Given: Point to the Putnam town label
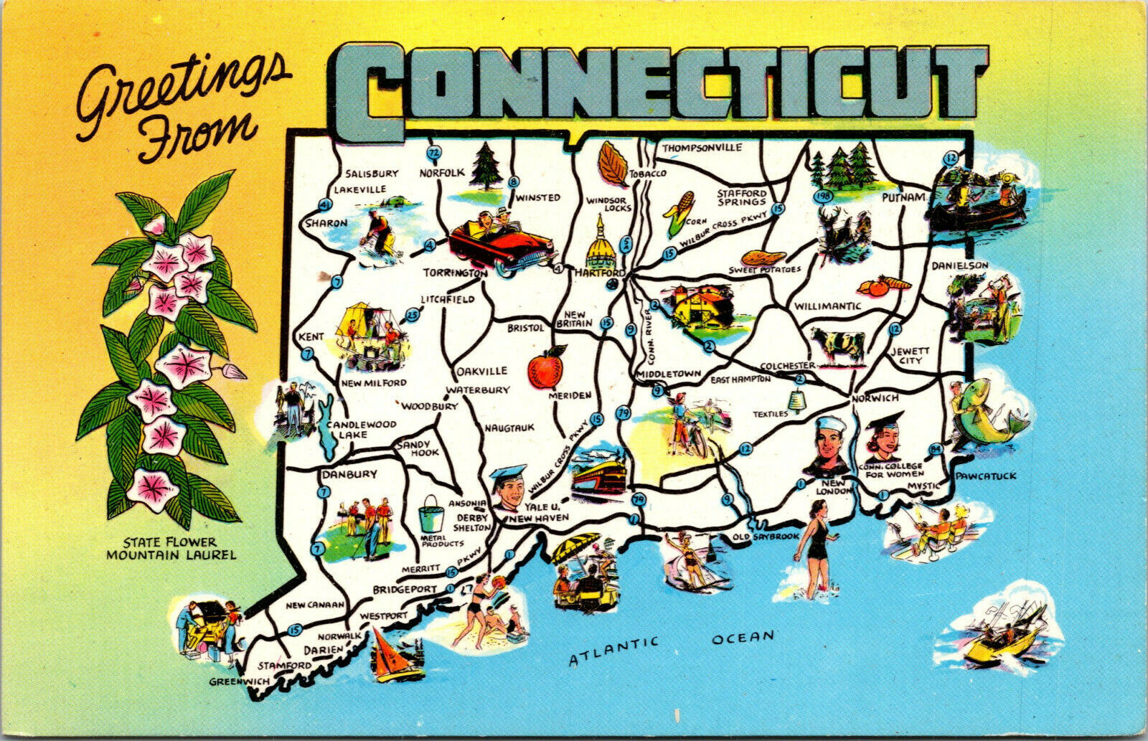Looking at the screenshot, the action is (x=904, y=196).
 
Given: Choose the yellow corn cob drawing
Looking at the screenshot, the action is (x=678, y=211).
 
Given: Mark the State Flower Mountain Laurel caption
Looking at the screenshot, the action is (x=171, y=548).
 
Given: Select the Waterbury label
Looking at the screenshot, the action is (x=478, y=390).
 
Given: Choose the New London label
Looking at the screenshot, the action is (x=832, y=486).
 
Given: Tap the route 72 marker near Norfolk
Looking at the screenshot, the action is (x=433, y=152).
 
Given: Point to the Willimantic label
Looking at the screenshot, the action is (x=827, y=306).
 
